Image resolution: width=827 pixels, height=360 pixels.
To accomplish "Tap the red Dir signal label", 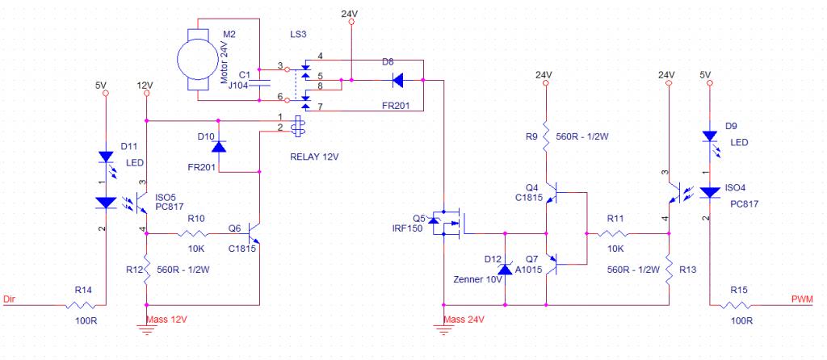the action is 9,299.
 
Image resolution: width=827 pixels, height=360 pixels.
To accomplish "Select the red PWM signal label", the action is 802,299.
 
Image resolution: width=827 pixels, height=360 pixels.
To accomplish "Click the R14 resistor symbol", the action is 81,304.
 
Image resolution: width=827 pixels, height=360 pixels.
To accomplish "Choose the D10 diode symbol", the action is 218,147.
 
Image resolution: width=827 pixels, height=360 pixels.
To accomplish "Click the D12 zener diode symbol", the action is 506,270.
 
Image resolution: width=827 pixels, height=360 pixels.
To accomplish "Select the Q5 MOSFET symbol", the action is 447,224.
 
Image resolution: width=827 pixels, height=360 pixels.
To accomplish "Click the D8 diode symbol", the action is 398,81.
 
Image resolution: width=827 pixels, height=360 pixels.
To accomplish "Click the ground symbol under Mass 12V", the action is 147,329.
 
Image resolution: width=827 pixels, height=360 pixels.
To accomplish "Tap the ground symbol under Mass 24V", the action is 444,329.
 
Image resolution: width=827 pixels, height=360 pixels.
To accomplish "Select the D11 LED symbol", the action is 106,157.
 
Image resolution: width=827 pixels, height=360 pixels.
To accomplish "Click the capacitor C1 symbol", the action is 259,83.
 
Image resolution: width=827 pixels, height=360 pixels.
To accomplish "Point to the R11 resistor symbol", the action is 612,233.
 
